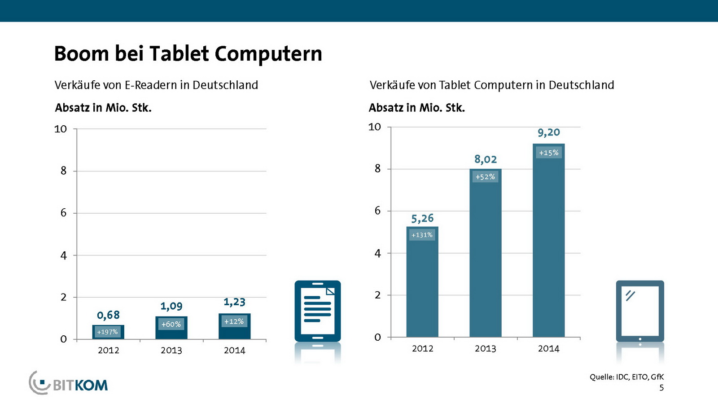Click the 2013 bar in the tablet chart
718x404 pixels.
[x=485, y=260]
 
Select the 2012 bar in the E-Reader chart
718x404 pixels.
[x=108, y=332]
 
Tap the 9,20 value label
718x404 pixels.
[x=548, y=132]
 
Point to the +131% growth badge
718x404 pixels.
[x=422, y=235]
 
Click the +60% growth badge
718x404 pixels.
[x=171, y=324]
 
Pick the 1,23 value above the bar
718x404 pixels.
[x=234, y=302]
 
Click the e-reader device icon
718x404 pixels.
[x=317, y=311]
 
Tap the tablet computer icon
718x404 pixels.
[x=639, y=311]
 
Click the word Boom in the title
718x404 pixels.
[x=81, y=54]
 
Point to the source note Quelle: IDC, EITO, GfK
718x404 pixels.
[x=626, y=377]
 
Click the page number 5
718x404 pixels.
[x=661, y=388]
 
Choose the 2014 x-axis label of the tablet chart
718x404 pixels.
[x=548, y=349]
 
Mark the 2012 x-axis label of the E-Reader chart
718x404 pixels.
[x=108, y=351]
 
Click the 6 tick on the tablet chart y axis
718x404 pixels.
[x=377, y=211]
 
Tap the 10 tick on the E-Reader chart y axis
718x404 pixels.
[x=60, y=129]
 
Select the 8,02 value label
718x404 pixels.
[x=486, y=159]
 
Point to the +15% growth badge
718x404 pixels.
[x=548, y=153]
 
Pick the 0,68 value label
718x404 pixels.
[x=108, y=315]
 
